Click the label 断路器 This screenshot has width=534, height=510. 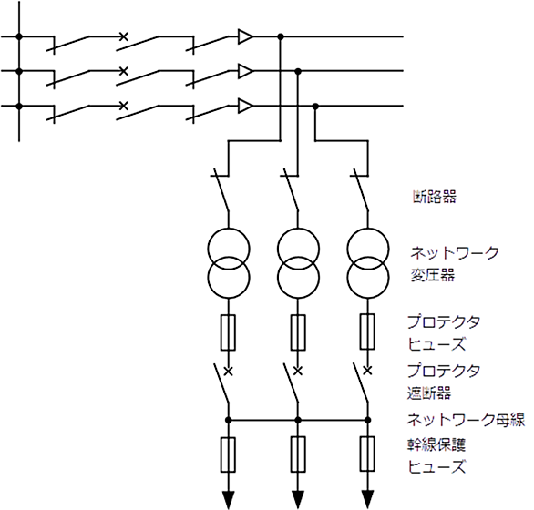[x=435, y=197]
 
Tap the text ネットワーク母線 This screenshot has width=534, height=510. [x=466, y=420]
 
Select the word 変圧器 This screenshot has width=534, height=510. [x=433, y=275]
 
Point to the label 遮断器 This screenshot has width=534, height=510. [x=429, y=393]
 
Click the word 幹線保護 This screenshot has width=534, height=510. [x=436, y=444]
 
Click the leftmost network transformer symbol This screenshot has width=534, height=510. [x=228, y=263]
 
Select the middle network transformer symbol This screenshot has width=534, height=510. [x=298, y=263]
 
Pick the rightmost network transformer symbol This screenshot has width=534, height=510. [x=368, y=263]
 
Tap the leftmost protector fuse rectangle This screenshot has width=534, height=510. [x=228, y=332]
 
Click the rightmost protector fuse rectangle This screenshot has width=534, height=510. [x=367, y=332]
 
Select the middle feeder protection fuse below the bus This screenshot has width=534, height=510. [x=298, y=454]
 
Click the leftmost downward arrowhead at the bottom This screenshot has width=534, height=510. [x=228, y=499]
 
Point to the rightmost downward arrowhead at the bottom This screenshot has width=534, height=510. [x=368, y=499]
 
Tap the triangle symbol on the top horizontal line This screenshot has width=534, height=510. [x=245, y=36]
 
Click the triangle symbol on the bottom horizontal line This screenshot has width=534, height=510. [x=245, y=106]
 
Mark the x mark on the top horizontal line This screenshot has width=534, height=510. [x=124, y=36]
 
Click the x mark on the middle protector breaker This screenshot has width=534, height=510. [x=298, y=371]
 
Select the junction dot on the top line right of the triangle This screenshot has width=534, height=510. [x=281, y=36]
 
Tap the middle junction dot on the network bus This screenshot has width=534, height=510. [x=298, y=420]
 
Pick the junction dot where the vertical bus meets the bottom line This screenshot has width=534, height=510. [x=19, y=107]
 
